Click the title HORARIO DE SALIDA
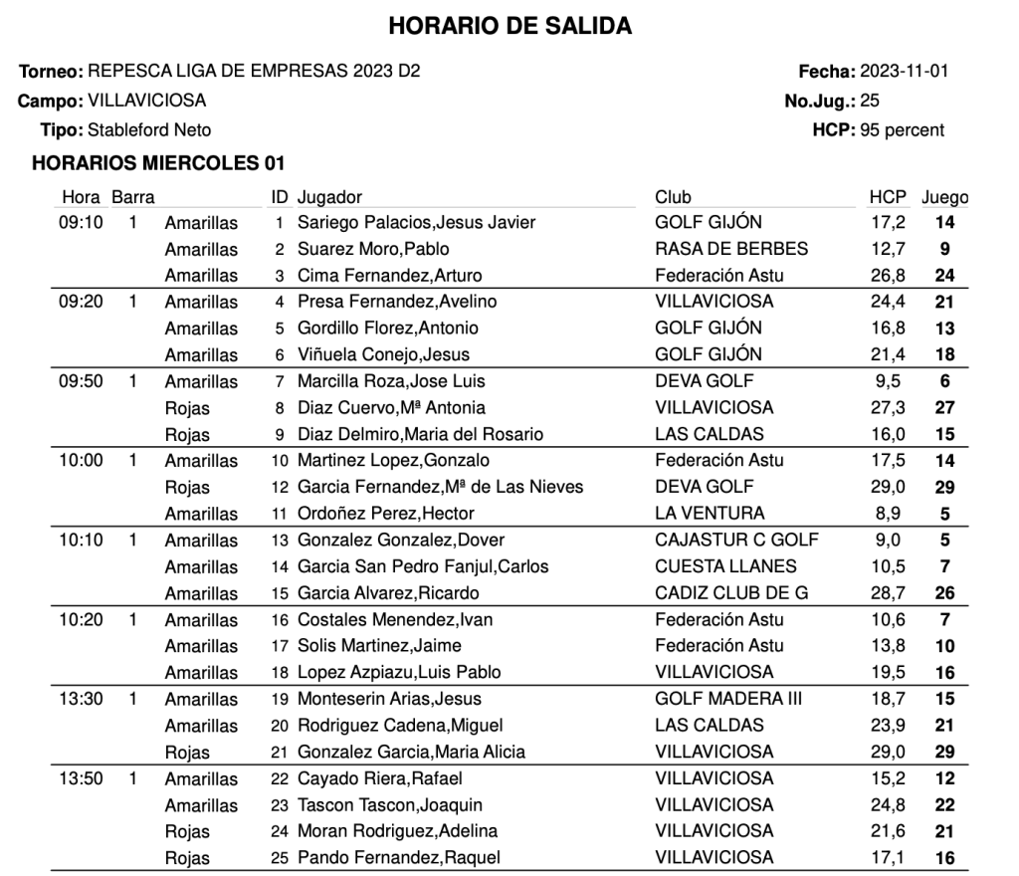(509, 27)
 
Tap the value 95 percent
(903, 129)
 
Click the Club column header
(673, 197)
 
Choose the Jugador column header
(329, 197)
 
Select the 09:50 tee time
(81, 381)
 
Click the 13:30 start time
(81, 699)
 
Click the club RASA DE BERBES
(731, 249)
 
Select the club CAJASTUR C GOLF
(737, 541)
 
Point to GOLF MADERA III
(728, 699)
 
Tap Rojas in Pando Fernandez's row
(187, 858)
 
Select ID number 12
(280, 488)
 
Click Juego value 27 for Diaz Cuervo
(944, 408)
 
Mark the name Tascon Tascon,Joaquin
(390, 805)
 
